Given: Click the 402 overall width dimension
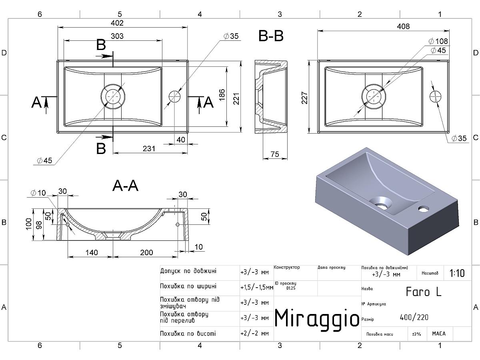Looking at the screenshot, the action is tap(117, 23).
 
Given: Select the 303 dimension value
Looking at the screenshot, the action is tap(117, 36).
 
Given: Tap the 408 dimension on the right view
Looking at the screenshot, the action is tap(403, 26).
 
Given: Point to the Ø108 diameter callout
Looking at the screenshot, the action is tap(438, 41).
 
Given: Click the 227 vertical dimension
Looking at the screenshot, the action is tap(304, 98).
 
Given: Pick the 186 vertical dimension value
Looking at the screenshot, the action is tap(222, 95).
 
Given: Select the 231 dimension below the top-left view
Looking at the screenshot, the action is tap(149, 149).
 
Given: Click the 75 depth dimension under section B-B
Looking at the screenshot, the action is tap(275, 154).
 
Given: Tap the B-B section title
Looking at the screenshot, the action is tap(271, 36).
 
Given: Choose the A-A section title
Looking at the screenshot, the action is tap(125, 186).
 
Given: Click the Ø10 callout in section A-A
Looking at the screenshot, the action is tap(38, 193).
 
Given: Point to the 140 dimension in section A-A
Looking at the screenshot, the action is tap(92, 252).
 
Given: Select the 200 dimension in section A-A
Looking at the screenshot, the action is tap(146, 252).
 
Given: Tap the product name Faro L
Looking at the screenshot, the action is tap(424, 292).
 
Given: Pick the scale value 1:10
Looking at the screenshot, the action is tap(457, 273).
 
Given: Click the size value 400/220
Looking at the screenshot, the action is tap(414, 317).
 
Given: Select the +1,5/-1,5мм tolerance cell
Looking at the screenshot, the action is tap(257, 287).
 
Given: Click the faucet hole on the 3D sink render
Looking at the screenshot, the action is tap(424, 209).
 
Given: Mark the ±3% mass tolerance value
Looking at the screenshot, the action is tap(416, 334).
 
